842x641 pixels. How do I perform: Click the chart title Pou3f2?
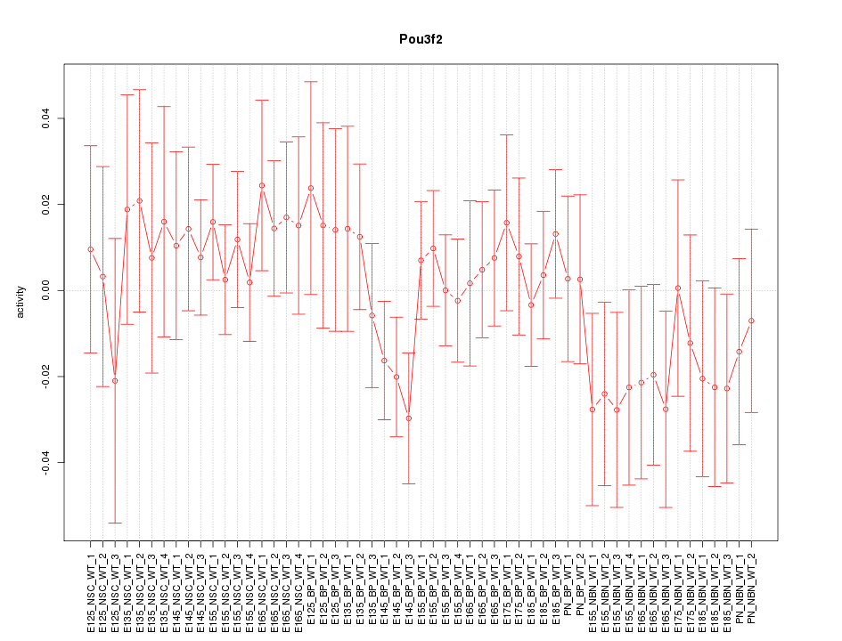421,40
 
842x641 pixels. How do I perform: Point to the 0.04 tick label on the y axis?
45,118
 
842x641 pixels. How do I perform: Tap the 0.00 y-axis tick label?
45,290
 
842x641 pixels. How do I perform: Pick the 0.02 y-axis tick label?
45,205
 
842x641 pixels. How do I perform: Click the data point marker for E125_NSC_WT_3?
115,380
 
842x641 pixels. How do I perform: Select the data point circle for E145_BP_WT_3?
409,418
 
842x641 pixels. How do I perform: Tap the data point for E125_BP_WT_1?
311,188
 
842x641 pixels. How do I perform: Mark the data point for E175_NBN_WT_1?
678,288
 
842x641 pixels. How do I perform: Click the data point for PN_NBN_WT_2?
752,320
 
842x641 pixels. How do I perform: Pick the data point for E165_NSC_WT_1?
262,185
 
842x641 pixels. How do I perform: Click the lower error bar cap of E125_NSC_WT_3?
115,523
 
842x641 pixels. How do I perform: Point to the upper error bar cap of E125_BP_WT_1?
311,81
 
